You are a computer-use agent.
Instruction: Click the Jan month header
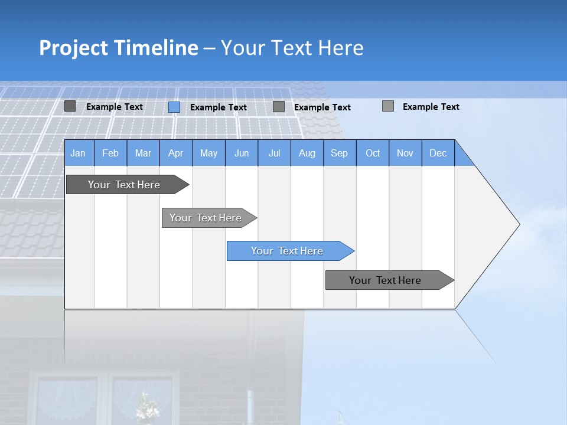79,153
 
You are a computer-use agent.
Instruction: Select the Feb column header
110,153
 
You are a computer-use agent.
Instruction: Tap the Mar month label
143,153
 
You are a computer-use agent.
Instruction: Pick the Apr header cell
176,153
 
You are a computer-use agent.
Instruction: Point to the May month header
208,153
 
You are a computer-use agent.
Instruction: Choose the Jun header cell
242,153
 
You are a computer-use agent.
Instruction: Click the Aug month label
307,153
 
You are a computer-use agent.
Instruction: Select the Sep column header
340,153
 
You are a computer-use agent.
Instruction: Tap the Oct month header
373,153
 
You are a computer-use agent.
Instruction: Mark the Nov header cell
405,153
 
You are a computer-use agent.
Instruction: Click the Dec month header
438,153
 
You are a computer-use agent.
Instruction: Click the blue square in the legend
174,107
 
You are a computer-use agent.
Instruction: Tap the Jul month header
274,153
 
